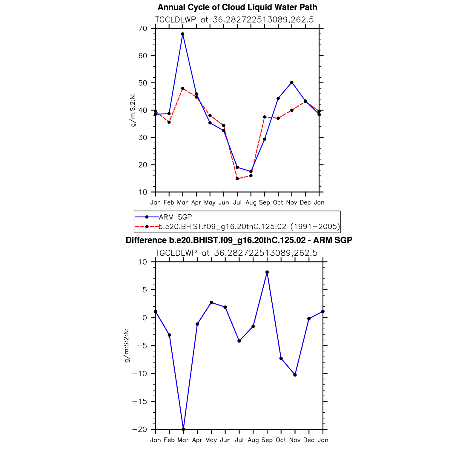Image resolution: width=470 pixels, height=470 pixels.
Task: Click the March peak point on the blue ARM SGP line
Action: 183,34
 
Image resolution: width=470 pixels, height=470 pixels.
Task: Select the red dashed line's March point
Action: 183,88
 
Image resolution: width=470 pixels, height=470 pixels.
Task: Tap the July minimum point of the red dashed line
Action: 237,179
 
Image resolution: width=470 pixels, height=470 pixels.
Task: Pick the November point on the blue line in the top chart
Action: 292,82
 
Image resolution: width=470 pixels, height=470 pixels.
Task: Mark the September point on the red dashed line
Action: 265,117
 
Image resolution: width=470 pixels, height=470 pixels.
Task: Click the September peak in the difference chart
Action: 267,272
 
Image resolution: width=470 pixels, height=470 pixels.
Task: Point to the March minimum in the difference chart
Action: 183,429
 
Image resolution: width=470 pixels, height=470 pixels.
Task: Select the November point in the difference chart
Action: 295,375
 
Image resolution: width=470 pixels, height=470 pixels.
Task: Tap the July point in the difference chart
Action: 239,341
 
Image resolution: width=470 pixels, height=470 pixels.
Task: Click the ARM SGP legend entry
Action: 175,217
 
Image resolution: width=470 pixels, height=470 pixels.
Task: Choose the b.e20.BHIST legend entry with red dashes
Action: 249,227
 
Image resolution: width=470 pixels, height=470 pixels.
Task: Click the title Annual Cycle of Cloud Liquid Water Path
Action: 237,7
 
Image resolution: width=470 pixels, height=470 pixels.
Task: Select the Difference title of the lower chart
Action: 239,240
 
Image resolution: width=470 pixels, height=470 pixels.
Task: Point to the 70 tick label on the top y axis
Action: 143,29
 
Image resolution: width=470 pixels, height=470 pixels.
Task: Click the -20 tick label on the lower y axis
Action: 140,429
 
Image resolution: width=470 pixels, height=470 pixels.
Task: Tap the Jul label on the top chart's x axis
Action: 237,202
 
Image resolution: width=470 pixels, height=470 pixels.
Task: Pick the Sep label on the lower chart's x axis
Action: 267,440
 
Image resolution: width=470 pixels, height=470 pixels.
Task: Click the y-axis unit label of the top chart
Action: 133,110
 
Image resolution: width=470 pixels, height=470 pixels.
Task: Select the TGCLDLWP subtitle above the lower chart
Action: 236,253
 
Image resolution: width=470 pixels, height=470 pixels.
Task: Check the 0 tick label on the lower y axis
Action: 145,318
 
